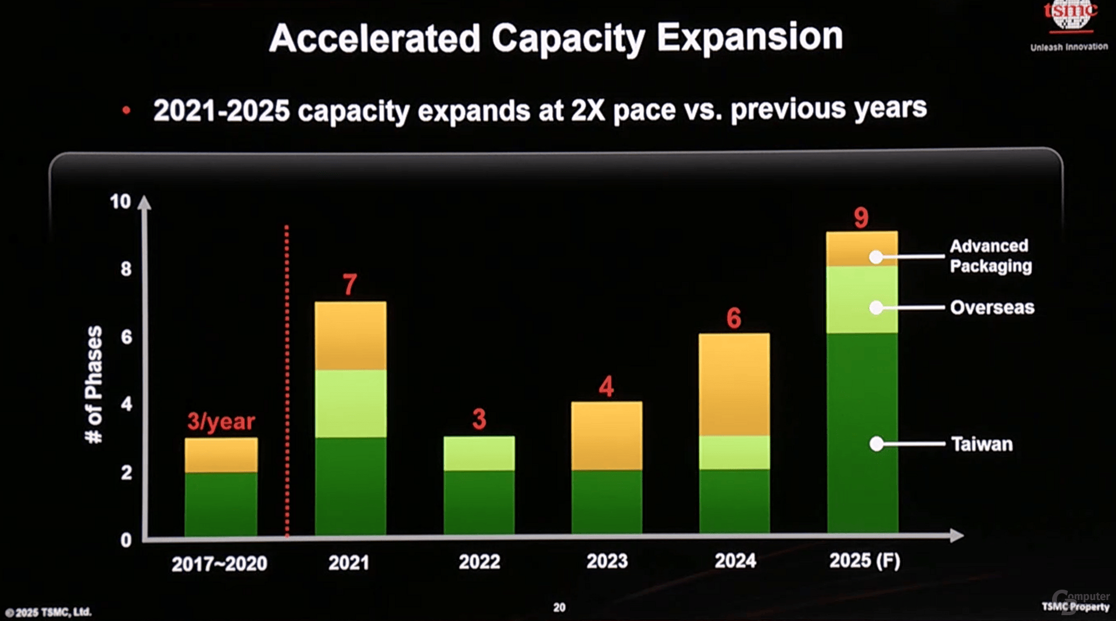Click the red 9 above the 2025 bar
[x=861, y=217]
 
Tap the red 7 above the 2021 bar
[x=349, y=284]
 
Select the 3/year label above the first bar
[x=221, y=421]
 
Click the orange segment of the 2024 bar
[x=734, y=384]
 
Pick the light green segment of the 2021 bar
[x=350, y=403]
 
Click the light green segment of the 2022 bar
[x=479, y=453]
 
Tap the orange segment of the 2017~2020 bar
[x=221, y=455]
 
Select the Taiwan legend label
[x=982, y=444]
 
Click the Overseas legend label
[x=992, y=307]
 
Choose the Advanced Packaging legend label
[x=990, y=256]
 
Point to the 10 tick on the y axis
[x=120, y=202]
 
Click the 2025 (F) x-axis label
[x=864, y=561]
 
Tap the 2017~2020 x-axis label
[x=219, y=563]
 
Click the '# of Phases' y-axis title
[x=94, y=384]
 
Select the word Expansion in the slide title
[x=749, y=38]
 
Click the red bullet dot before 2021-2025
[x=126, y=110]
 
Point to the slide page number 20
[x=559, y=607]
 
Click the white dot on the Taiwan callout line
[x=877, y=444]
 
